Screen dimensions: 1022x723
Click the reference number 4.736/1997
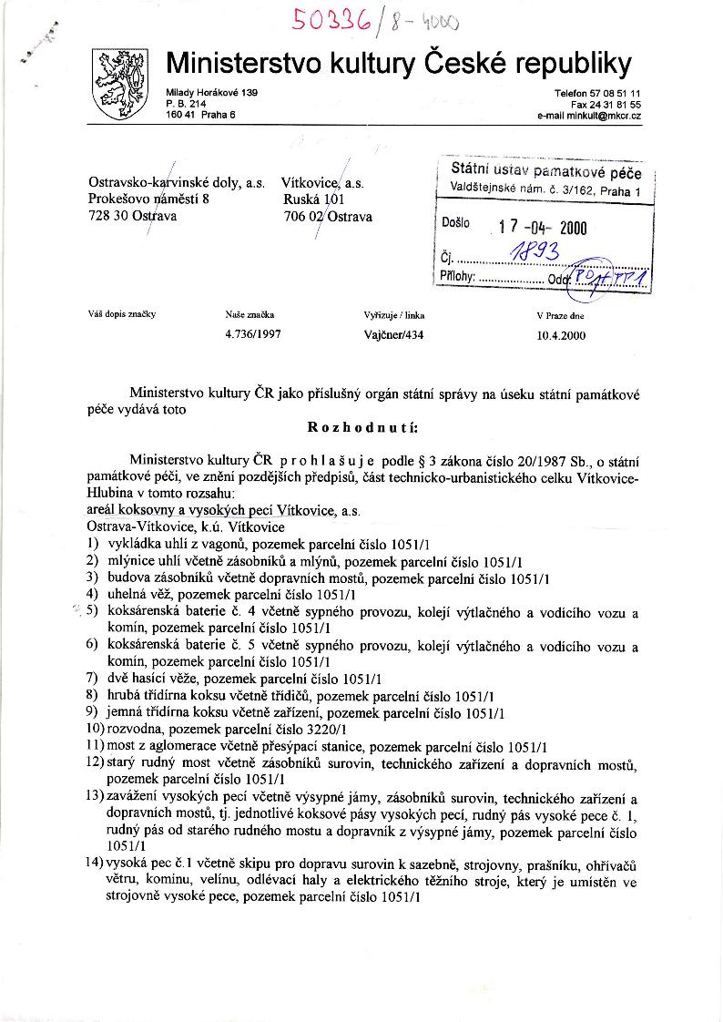click(x=252, y=334)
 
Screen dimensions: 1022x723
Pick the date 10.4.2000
click(x=562, y=334)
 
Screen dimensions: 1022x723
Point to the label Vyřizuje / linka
click(x=393, y=315)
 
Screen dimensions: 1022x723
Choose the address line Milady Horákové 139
click(x=211, y=94)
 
